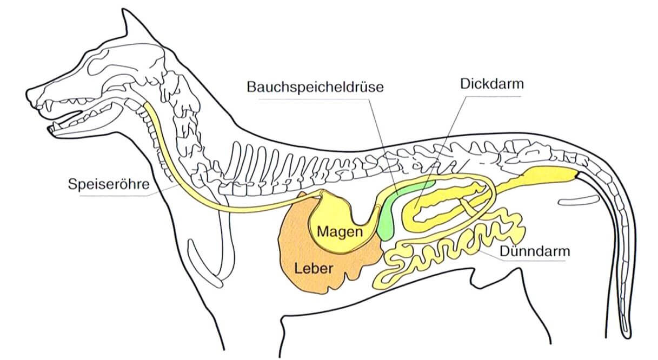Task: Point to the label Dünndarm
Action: click(x=535, y=251)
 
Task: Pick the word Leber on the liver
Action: click(x=314, y=268)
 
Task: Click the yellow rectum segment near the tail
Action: click(x=546, y=175)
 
